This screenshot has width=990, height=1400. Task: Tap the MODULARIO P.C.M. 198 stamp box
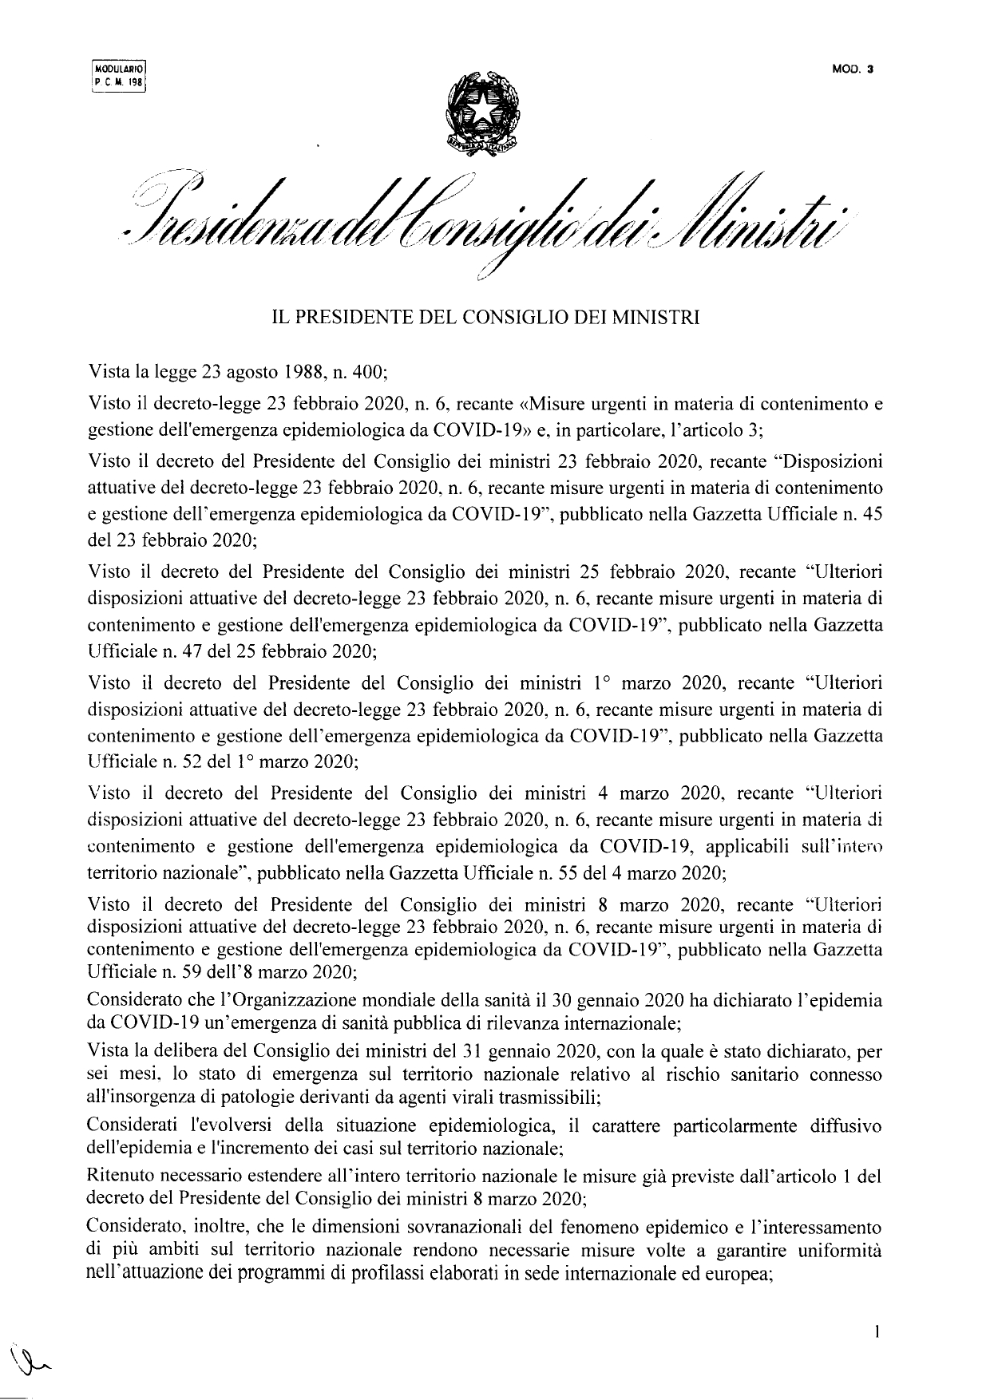tap(120, 77)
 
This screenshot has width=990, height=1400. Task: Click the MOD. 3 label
tap(853, 69)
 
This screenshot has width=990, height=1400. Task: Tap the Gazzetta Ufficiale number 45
tap(873, 516)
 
